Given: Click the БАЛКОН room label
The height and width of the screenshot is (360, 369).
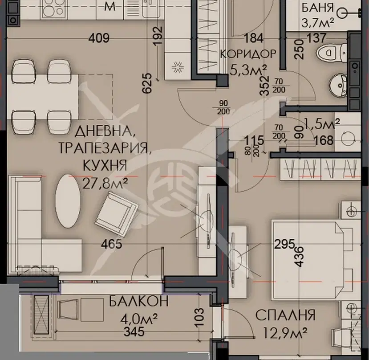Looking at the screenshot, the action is coord(139,301).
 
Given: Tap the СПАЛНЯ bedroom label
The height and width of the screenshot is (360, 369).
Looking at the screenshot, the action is coord(285,315).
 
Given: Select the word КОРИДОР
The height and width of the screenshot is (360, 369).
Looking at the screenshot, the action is coord(248,54).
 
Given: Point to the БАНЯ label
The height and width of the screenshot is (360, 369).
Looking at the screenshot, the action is coord(318,8).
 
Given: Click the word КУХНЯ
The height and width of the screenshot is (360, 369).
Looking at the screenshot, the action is coord(105,165).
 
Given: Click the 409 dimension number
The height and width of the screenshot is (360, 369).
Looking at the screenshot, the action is coord(99,38).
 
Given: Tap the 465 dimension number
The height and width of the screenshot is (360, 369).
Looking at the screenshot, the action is coord(112,244).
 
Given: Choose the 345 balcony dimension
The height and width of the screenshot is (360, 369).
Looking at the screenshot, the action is coord(134,332).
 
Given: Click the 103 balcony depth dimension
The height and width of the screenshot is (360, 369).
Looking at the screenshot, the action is coord(199,317).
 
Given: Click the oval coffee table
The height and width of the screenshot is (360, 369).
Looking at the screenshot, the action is coord(68,201).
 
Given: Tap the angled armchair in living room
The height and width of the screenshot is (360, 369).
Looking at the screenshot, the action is coord(117,214).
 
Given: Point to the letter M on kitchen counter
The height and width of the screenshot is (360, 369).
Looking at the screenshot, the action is coord(110,6).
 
